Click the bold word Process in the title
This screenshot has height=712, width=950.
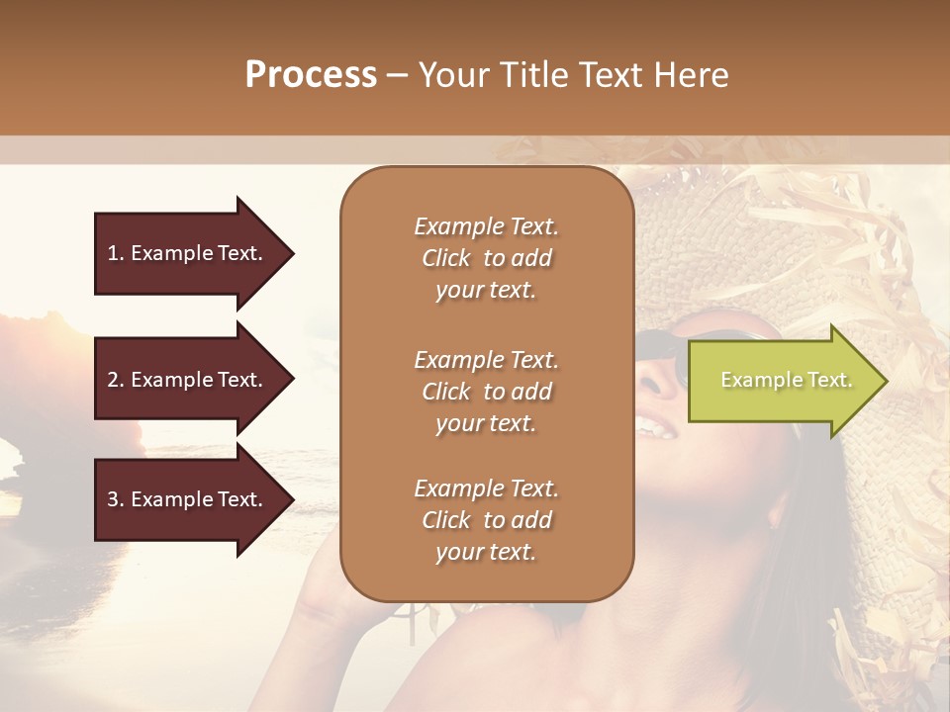311,74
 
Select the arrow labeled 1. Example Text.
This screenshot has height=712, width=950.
188,253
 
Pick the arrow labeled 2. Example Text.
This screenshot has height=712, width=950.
188,380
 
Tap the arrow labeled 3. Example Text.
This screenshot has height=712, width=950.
188,499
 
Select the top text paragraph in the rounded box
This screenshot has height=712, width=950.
487,258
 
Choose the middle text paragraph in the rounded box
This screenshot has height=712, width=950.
487,391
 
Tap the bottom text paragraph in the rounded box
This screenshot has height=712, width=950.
487,519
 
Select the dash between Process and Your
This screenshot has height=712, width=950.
396,76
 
